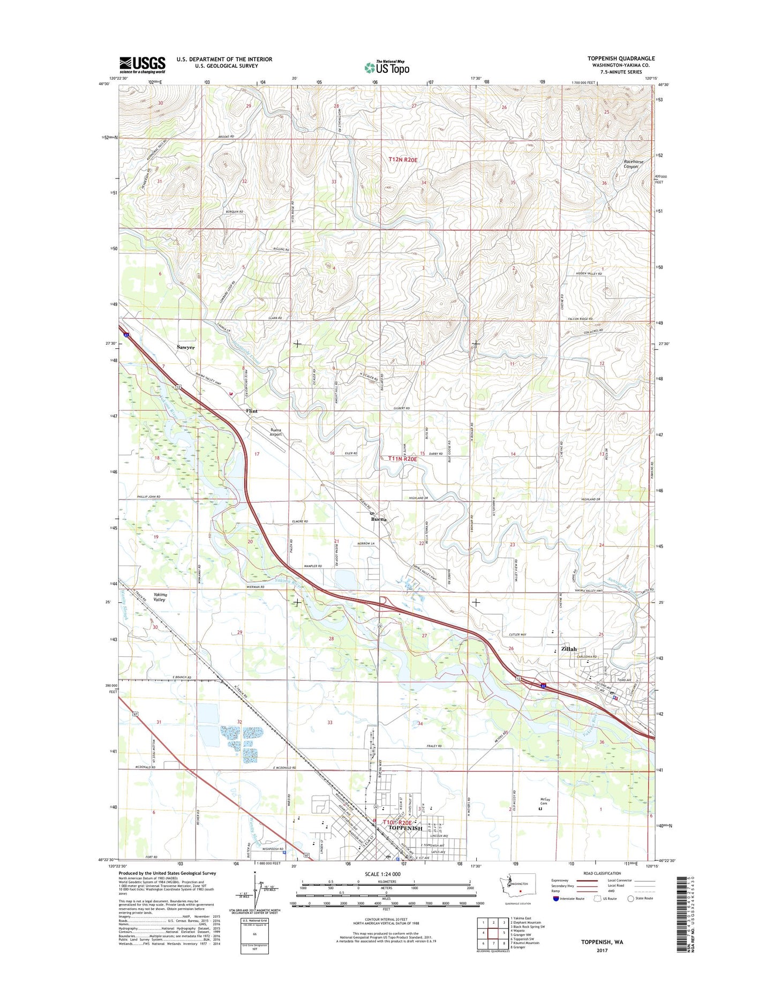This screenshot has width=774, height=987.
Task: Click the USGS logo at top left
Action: coord(142,64)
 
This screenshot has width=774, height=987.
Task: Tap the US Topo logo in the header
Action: coord(387,67)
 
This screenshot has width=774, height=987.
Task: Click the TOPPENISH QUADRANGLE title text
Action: coord(621,58)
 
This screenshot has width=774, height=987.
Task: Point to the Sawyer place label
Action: coord(186,347)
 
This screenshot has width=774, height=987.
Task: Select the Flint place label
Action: coord(252,411)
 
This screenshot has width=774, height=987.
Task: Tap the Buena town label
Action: coord(379,519)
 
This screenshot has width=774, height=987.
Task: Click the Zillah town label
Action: coord(569,649)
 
